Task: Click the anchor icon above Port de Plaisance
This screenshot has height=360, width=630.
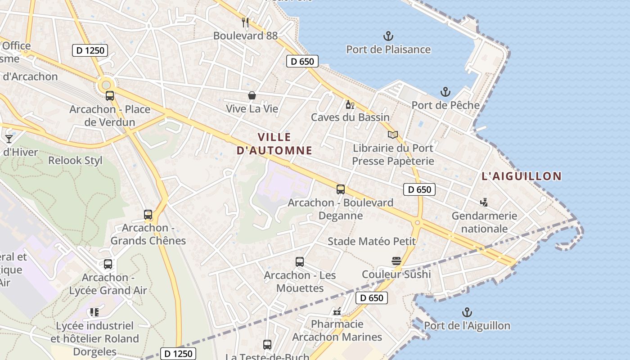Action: tap(388, 36)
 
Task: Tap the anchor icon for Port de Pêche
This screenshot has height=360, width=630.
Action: tap(445, 92)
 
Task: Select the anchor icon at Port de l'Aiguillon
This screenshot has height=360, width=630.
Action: tap(467, 312)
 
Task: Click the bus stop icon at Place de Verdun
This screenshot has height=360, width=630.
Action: tap(110, 95)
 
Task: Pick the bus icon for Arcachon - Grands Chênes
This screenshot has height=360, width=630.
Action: tap(148, 215)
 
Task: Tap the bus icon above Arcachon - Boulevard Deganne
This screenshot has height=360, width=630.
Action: tap(341, 189)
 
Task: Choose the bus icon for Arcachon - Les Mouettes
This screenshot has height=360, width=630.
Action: tap(300, 261)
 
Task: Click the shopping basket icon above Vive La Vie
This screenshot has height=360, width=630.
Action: tap(252, 95)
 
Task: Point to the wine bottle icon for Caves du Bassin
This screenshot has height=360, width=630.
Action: tap(350, 105)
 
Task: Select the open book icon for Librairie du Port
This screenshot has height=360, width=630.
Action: tap(393, 135)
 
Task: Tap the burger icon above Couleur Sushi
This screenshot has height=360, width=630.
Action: tap(396, 261)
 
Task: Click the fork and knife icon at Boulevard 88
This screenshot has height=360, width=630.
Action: tap(245, 22)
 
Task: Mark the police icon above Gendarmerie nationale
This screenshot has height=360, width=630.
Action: tap(484, 202)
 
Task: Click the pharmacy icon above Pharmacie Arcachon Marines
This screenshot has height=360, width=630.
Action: tap(337, 311)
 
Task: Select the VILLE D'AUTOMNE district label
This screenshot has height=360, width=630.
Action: tap(274, 144)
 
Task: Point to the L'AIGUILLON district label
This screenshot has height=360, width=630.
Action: tap(522, 176)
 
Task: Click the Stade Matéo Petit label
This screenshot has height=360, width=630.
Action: tap(372, 241)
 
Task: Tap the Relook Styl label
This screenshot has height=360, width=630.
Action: tap(75, 160)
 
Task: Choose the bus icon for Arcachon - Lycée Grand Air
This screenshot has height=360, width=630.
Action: tap(108, 264)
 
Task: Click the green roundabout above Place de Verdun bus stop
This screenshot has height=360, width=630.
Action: tap(106, 85)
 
